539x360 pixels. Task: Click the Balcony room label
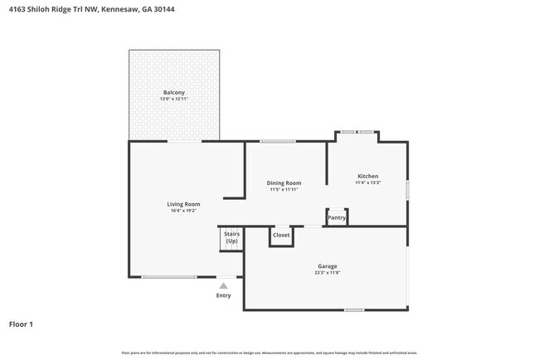(x=174, y=92)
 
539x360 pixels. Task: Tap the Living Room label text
(x=183, y=203)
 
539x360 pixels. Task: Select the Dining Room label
(x=284, y=182)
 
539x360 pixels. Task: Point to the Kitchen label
(x=367, y=176)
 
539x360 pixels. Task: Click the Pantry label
(x=337, y=218)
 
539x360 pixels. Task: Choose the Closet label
(x=281, y=235)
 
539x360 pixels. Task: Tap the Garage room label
(x=326, y=266)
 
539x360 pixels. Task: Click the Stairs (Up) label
(x=231, y=237)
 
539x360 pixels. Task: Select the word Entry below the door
(x=224, y=295)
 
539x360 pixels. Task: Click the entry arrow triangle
(x=223, y=285)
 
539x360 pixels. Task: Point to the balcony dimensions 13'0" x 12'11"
(x=174, y=100)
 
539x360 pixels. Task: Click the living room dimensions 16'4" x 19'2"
(x=183, y=211)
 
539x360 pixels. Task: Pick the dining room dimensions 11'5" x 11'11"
(x=284, y=190)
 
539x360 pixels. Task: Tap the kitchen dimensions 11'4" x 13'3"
(x=367, y=183)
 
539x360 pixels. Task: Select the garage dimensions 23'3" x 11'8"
(x=326, y=273)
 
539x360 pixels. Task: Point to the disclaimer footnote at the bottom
(x=269, y=353)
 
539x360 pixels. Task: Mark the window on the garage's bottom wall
(x=354, y=309)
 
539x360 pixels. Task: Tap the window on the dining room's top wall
(x=278, y=141)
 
